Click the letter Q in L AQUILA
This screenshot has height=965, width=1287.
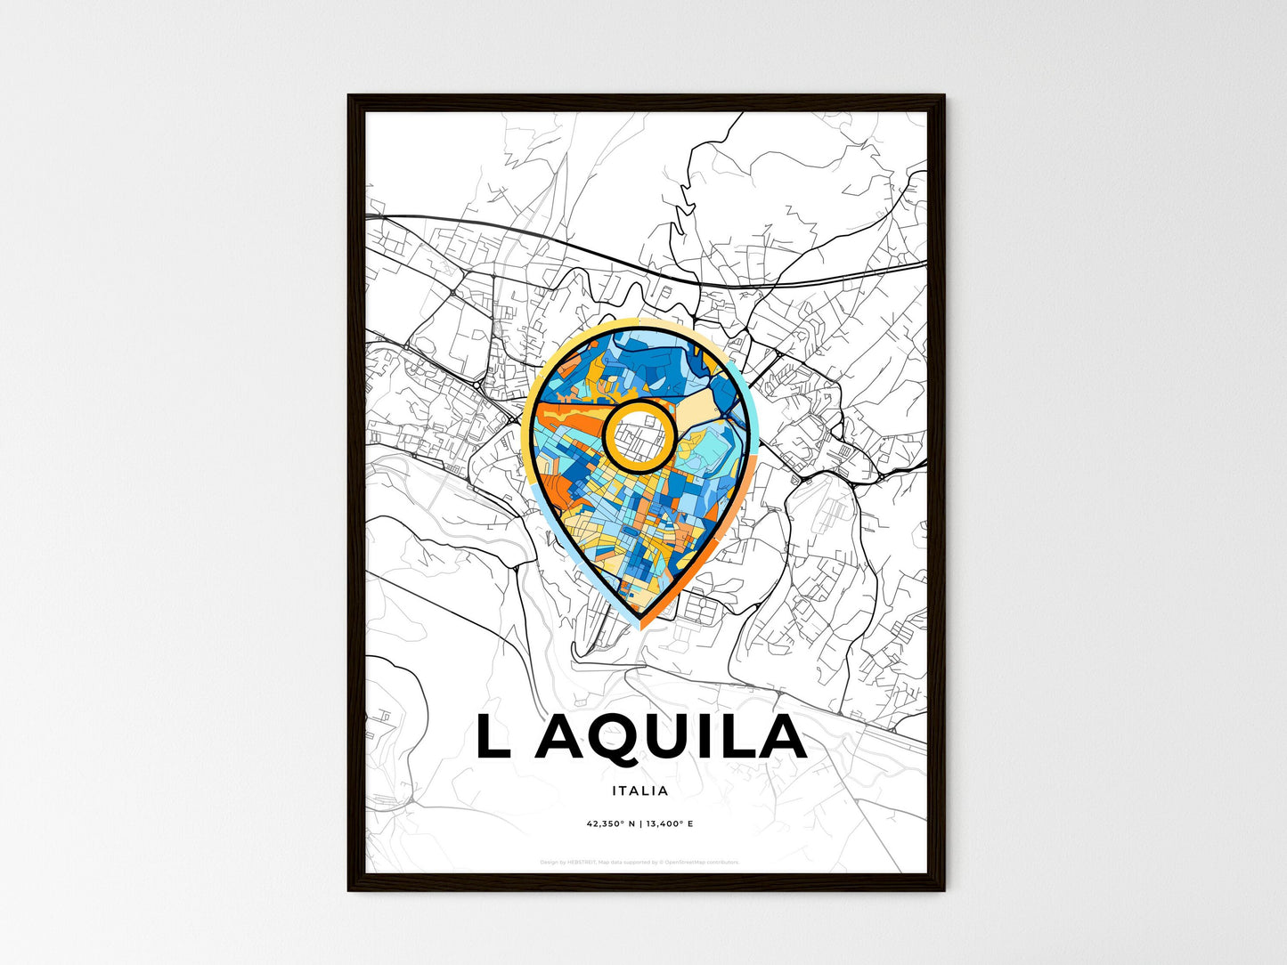pos(605,737)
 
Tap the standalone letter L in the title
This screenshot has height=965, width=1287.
pos(494,737)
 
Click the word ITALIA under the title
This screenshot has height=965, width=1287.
pos(639,791)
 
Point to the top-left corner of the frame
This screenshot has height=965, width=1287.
pos(349,96)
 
